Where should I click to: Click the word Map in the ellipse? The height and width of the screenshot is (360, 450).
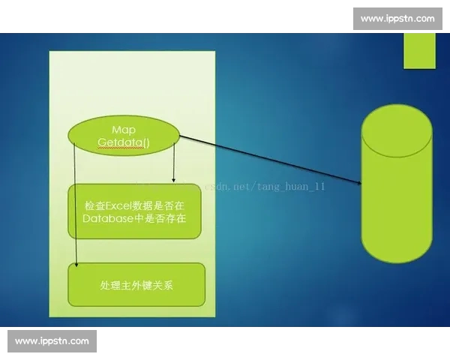pyautogui.click(x=123, y=129)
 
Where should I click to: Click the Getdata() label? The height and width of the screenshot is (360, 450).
pyautogui.click(x=124, y=142)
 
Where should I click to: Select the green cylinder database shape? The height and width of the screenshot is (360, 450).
pyautogui.click(x=396, y=195)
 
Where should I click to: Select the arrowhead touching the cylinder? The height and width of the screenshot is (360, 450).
pyautogui.click(x=359, y=184)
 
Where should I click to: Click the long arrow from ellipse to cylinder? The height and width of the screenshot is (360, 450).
pyautogui.click(x=270, y=160)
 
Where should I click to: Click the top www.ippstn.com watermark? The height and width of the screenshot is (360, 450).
pyautogui.click(x=397, y=18)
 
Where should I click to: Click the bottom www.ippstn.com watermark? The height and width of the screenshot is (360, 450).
pyautogui.click(x=52, y=341)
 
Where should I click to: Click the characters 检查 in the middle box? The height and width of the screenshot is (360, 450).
pyautogui.click(x=96, y=204)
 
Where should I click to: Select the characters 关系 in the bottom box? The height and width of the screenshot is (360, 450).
pyautogui.click(x=166, y=286)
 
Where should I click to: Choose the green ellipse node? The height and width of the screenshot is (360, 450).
pyautogui.click(x=124, y=136)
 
